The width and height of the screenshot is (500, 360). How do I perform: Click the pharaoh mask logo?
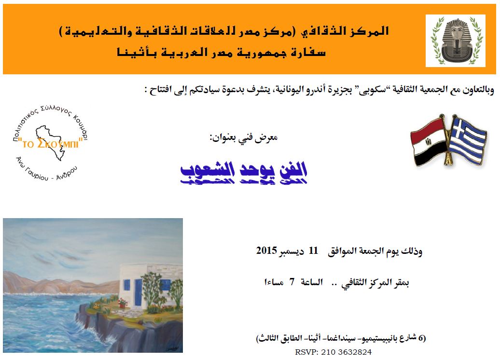click(456, 41)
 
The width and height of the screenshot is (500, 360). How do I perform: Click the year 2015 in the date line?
click(266, 250)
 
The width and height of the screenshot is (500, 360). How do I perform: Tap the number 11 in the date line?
click(313, 250)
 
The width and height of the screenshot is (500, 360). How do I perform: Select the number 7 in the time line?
click(292, 282)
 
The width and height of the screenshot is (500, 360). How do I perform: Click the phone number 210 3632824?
click(347, 352)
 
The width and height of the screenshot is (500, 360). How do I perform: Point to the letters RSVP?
click(307, 352)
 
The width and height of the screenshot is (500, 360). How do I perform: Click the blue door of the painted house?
click(138, 292)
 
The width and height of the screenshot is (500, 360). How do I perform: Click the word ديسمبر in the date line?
click(292, 251)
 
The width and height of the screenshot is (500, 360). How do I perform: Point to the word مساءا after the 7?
click(274, 282)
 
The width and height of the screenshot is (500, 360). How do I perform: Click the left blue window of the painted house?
click(126, 285)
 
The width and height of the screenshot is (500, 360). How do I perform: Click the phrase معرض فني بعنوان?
click(244, 138)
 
